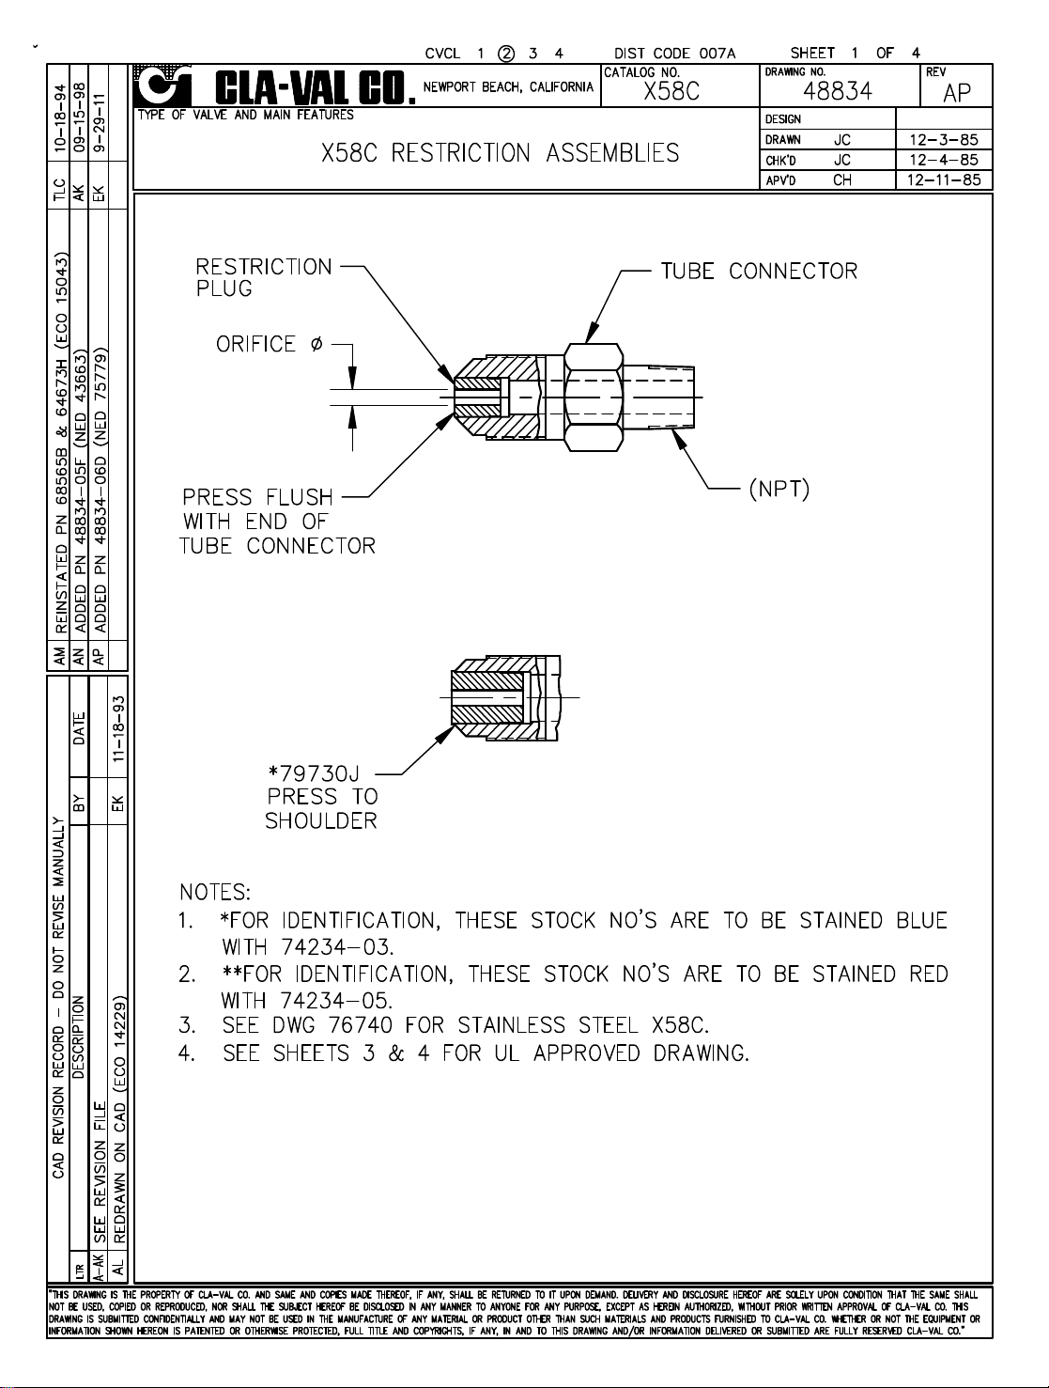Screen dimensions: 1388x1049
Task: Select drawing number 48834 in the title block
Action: click(x=838, y=92)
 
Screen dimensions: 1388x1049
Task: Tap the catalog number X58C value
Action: click(x=671, y=91)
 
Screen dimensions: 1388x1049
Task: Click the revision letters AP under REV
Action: click(x=957, y=93)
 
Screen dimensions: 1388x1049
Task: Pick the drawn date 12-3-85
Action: click(x=943, y=140)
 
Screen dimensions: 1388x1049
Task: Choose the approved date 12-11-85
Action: click(x=943, y=179)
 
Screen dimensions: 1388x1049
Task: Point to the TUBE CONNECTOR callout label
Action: click(x=759, y=272)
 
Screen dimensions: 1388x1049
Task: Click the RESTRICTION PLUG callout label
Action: click(x=263, y=277)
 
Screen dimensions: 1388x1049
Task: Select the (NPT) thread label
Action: click(x=779, y=490)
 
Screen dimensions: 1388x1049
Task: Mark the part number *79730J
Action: click(x=314, y=773)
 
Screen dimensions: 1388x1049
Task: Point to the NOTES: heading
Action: click(x=215, y=891)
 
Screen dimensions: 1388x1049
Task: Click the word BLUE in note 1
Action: click(x=921, y=920)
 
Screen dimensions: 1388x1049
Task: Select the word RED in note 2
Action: click(x=928, y=974)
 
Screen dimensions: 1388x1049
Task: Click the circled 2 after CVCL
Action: click(x=506, y=54)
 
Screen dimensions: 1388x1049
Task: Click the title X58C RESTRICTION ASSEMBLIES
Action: click(x=500, y=153)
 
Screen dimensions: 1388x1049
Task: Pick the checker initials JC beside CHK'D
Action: click(x=842, y=160)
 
